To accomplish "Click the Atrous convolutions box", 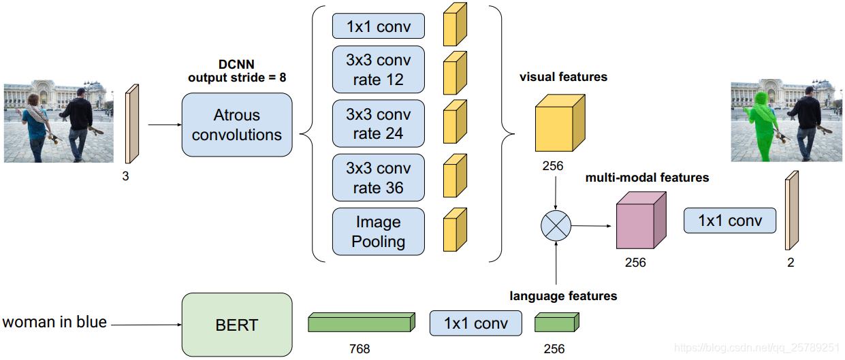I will pyautogui.click(x=236, y=125).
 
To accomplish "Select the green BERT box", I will pyautogui.click(x=236, y=325).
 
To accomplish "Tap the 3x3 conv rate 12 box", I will pyautogui.click(x=378, y=69).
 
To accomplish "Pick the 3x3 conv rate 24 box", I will pyautogui.click(x=378, y=123).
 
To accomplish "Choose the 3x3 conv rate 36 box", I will pyautogui.click(x=378, y=177).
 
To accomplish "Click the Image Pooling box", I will pyautogui.click(x=378, y=231).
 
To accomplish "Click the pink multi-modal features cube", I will pyautogui.click(x=639, y=222).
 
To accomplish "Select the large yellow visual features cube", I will pyautogui.click(x=559, y=123).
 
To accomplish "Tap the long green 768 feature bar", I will pyautogui.click(x=360, y=323).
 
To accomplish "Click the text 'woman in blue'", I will pyautogui.click(x=54, y=322).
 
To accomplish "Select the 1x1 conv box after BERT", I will pyautogui.click(x=475, y=323).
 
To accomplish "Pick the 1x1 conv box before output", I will pyautogui.click(x=729, y=220).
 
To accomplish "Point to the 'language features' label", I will pyautogui.click(x=563, y=296).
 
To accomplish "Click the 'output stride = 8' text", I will pyautogui.click(x=237, y=78).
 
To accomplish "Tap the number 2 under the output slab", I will pyautogui.click(x=791, y=262).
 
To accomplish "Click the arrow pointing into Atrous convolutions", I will pyautogui.click(x=163, y=125).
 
